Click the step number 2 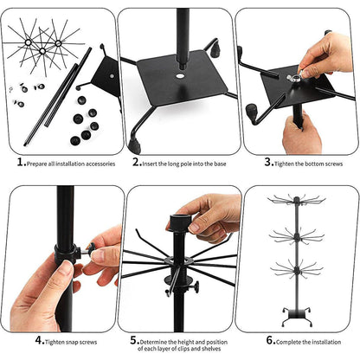(136, 161)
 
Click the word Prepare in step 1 (39, 162)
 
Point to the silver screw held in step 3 (295, 78)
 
